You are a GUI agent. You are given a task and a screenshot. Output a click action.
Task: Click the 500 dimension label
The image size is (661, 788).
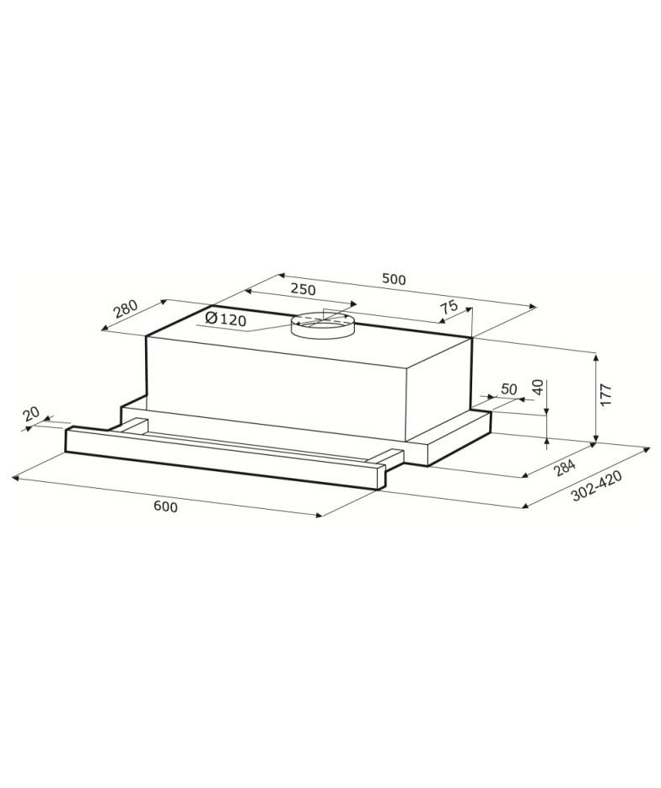[x=394, y=279]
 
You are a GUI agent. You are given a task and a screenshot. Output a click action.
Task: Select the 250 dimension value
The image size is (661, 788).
[x=304, y=290]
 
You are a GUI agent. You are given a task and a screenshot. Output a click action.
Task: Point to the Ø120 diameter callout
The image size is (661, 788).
[x=226, y=319]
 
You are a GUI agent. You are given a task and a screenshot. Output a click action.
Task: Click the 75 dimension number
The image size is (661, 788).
[x=449, y=307]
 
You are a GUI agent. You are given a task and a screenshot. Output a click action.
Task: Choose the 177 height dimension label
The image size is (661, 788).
[x=605, y=395]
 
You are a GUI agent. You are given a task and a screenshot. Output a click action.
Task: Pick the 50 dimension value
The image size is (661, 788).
[x=509, y=389]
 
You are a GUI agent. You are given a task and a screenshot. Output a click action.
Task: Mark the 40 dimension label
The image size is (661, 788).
[x=538, y=388]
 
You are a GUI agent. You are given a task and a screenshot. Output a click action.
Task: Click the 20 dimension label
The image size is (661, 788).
[x=31, y=414]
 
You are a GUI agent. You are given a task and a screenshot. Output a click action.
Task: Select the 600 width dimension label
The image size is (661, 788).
[x=165, y=507]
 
